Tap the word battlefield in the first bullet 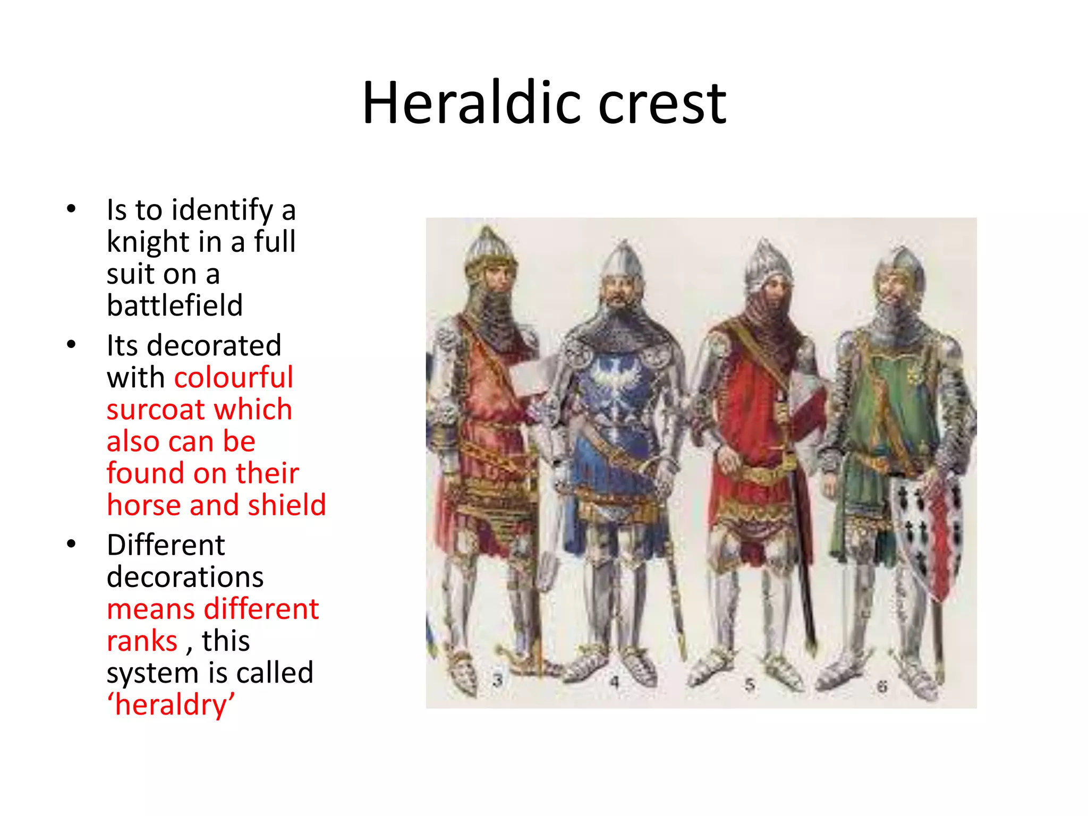tap(175, 305)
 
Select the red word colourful tap(234, 378)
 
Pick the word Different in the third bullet tap(166, 545)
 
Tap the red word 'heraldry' tap(171, 705)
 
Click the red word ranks tap(142, 641)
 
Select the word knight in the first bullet tap(148, 242)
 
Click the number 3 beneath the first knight tap(497, 681)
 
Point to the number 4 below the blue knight tap(615, 682)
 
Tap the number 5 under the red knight tap(750, 685)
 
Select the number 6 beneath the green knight tap(882, 687)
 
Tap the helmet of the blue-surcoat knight tap(623, 261)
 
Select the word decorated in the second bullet tap(214, 346)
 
